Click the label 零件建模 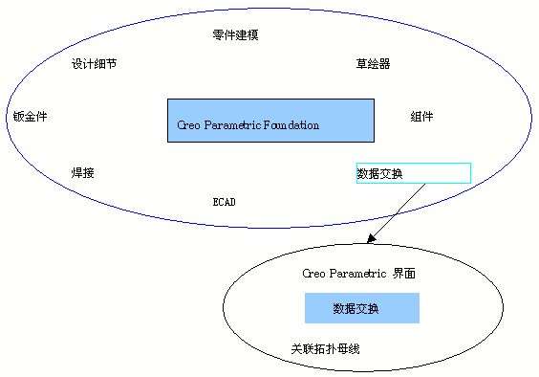pos(235,35)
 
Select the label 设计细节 pos(95,64)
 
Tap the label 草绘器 pos(373,64)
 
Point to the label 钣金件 pos(31,117)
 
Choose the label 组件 pos(421,117)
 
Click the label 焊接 pos(83,173)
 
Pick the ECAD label pos(224,202)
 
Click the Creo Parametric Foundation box pos(270,120)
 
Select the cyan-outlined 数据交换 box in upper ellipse pos(413,173)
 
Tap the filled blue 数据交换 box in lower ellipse pos(361,308)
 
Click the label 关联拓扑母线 pos(325,349)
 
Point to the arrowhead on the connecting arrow pos(371,239)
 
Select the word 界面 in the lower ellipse pos(403,274)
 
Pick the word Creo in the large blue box pos(188,125)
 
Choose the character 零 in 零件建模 pos(218,35)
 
